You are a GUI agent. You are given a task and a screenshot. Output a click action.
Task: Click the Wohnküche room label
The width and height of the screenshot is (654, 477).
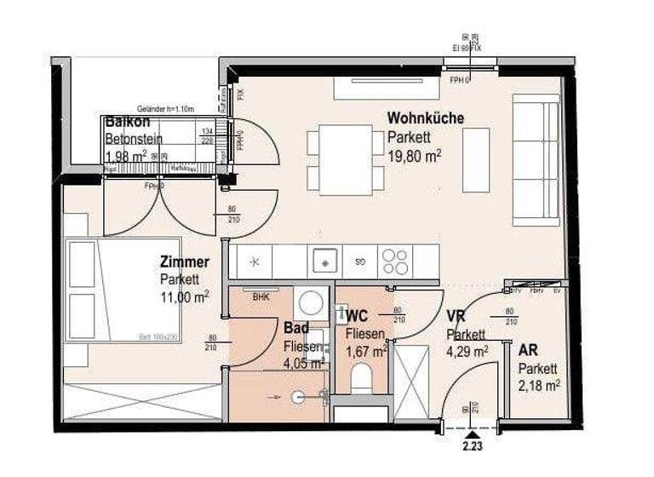[x=426, y=118]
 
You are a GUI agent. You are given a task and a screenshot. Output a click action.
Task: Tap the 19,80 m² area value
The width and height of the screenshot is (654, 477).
[x=414, y=156]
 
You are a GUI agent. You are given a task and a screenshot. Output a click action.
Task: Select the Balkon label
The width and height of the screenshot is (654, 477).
[x=123, y=122]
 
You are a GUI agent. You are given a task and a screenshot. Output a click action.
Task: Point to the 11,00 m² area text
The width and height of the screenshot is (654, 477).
[x=184, y=296]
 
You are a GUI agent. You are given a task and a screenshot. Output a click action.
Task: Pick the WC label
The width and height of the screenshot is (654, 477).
[x=357, y=317]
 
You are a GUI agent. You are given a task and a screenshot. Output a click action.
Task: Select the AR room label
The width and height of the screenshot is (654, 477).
[x=528, y=349]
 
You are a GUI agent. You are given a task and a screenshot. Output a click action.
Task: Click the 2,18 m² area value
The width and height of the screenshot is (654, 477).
[x=539, y=386]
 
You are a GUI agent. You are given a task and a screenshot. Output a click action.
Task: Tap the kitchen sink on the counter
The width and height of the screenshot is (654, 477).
[x=324, y=259]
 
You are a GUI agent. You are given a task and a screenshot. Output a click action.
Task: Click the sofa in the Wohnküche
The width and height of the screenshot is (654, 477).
[x=536, y=159]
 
